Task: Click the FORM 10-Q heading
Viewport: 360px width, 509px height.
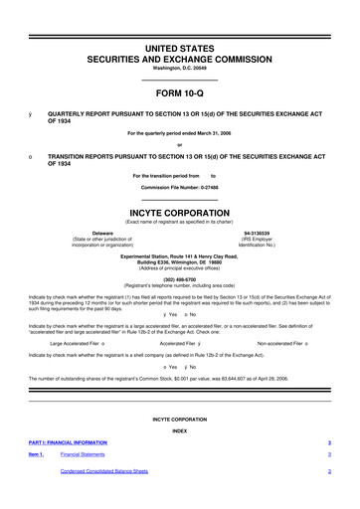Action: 179,94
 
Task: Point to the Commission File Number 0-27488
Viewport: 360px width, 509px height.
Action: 179,187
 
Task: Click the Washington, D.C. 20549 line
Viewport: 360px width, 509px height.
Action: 179,68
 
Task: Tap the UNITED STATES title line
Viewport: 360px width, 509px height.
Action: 179,47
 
